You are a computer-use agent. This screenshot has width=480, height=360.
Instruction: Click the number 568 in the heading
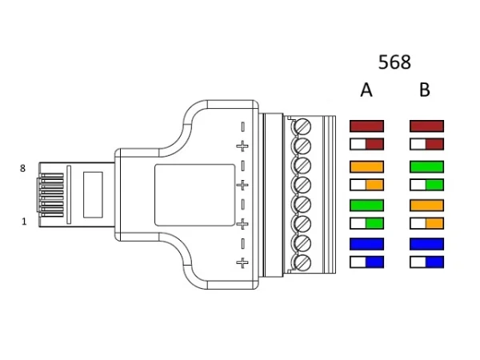point(394,62)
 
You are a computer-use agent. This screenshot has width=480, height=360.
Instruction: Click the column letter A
point(366,90)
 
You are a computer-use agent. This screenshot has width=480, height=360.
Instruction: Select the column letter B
point(425,90)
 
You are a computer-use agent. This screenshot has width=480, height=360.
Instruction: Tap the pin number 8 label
point(23,169)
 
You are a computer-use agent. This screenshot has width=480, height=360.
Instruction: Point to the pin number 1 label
point(24,222)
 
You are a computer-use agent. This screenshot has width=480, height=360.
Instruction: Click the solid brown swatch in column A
point(367,126)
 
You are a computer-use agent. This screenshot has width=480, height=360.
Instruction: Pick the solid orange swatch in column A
point(367,166)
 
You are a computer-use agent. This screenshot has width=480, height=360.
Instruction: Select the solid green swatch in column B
point(426,166)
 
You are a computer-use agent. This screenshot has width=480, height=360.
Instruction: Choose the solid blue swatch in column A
point(367,243)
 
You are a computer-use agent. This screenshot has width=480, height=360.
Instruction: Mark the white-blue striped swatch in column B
point(426,262)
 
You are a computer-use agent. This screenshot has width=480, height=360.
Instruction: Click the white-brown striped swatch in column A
point(367,145)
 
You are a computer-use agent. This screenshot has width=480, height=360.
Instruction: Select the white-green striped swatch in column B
point(426,185)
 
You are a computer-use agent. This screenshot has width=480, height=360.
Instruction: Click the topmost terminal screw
point(302,126)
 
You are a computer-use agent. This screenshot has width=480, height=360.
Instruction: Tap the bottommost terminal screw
point(302,262)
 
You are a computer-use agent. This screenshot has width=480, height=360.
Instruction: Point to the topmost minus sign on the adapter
point(242,126)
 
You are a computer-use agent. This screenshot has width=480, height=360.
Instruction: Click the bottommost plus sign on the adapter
point(242,262)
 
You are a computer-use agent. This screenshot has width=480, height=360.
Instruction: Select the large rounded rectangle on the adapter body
point(196,194)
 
